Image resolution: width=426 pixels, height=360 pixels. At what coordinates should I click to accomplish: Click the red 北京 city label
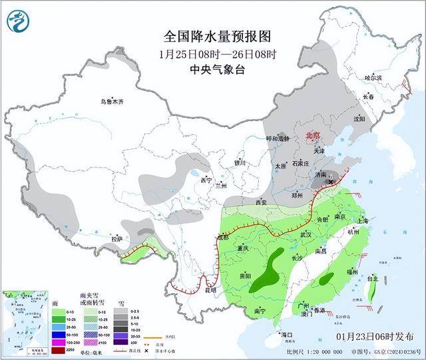(312, 136)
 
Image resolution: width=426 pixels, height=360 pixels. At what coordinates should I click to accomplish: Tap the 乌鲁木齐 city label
(112, 102)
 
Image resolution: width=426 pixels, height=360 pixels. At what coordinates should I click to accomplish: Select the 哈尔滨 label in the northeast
(373, 78)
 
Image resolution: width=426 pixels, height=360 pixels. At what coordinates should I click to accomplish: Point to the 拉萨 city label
(116, 238)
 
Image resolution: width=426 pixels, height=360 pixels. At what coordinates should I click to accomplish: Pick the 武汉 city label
(306, 234)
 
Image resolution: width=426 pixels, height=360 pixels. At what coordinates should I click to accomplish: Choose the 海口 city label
(286, 334)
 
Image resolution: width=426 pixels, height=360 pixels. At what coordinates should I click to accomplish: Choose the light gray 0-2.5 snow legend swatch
(116, 311)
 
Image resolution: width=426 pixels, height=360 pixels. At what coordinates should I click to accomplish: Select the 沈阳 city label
(359, 119)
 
